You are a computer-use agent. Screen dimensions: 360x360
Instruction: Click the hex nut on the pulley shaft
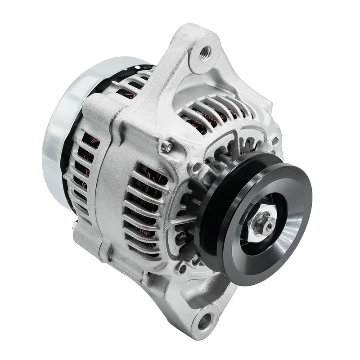[260, 224]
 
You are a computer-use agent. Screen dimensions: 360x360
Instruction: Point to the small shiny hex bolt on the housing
[167, 146]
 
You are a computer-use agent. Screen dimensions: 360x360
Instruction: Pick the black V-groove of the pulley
[211, 225]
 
